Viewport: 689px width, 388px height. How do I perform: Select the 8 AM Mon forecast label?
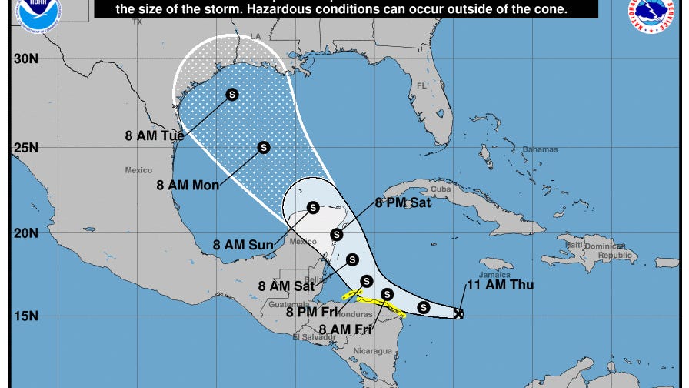tap(188, 185)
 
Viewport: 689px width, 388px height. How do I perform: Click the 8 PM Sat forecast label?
tap(403, 203)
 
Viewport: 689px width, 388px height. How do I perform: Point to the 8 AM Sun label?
tap(243, 246)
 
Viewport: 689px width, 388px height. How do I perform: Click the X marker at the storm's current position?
tap(459, 314)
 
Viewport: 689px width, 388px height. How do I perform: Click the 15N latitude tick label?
tap(26, 316)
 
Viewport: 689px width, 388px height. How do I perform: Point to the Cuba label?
tap(440, 189)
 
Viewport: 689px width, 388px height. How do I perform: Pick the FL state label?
tap(421, 85)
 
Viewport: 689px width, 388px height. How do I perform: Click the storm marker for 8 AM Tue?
tap(232, 94)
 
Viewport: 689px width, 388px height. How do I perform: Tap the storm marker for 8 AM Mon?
tap(264, 147)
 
